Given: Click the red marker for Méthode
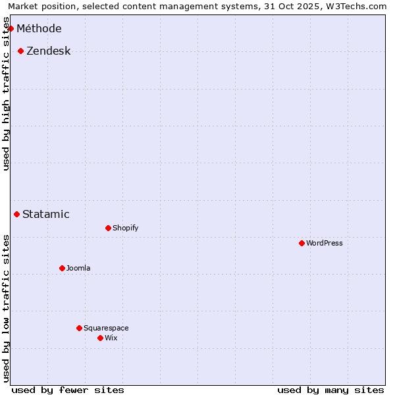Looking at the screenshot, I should pos(11,28).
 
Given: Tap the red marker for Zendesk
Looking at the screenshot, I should pos(20,51).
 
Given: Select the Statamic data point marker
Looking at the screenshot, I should pos(16,214).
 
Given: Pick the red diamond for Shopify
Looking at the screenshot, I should pos(108,228).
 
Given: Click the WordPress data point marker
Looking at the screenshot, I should pos(302,243).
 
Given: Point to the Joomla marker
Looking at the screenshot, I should pos(62,268).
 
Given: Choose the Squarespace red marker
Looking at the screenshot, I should pos(79,328).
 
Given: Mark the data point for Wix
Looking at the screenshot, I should pos(100,338).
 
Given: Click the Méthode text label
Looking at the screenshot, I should pos(39,28).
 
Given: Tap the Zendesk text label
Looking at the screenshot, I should pos(49,51).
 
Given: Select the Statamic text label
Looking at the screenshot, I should pos(46,214).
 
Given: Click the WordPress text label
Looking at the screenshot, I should pos(325,243).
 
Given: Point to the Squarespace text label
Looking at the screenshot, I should pos(106,328).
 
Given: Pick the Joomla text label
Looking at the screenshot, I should pos(78,268).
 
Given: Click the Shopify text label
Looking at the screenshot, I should pos(125,228).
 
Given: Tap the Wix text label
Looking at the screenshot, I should pos(111,338).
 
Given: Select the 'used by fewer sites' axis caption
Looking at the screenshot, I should pos(68,390).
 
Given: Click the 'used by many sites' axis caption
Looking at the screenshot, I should pos(330,390).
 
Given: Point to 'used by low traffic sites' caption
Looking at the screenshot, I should pos(7,308).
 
